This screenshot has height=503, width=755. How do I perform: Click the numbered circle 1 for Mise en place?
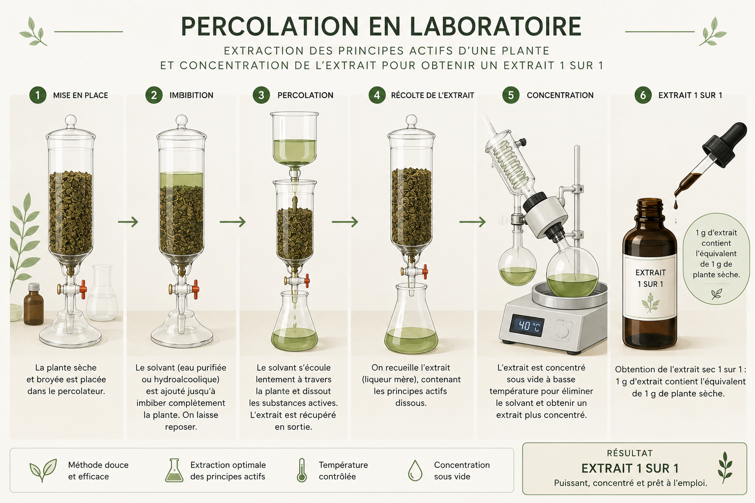(x=38, y=95)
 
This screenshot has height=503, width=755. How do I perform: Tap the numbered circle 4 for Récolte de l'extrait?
(x=377, y=95)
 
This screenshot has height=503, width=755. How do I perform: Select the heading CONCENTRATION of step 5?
(x=560, y=95)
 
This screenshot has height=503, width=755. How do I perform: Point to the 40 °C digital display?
(x=527, y=326)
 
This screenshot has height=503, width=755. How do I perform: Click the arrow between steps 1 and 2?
(x=128, y=222)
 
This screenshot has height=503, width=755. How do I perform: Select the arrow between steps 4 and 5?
(x=472, y=222)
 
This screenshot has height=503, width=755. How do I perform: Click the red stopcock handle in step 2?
(x=195, y=289)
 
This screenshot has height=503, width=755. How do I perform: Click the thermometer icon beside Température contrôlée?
(x=302, y=470)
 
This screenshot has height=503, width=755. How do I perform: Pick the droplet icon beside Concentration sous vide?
(x=415, y=470)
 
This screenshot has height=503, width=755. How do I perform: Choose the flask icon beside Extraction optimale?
(x=174, y=470)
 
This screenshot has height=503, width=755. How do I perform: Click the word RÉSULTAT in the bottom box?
(x=630, y=453)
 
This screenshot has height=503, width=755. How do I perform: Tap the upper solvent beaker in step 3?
(x=294, y=139)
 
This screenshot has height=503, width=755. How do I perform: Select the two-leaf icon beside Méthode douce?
(x=43, y=470)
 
